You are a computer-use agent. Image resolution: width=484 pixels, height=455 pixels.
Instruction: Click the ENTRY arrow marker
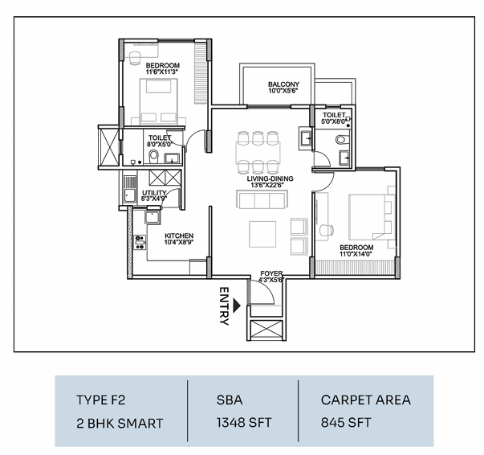point(237,305)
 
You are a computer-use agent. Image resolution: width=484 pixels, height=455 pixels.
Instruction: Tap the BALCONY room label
point(283,84)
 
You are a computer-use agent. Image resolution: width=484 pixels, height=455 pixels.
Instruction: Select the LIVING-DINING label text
point(270,178)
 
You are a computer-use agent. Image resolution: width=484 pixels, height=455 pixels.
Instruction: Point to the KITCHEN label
point(179,236)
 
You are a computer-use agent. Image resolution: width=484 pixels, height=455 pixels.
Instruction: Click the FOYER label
point(271,273)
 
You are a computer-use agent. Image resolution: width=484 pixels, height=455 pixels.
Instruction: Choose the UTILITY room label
point(154,193)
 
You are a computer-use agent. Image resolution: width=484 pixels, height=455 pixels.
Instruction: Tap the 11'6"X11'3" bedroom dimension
point(163,72)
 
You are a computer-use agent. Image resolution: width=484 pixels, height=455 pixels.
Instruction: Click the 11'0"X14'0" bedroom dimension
point(356,254)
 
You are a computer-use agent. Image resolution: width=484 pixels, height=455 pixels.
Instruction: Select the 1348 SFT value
point(244,423)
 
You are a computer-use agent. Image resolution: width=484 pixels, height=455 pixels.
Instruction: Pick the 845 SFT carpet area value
point(346,423)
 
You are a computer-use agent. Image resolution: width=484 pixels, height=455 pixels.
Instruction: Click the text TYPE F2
point(101,400)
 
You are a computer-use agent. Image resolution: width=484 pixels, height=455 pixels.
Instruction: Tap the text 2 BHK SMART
point(120,424)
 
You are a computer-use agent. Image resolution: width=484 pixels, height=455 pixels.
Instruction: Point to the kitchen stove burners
point(140,242)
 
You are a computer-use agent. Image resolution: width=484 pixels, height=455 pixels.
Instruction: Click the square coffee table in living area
point(262,234)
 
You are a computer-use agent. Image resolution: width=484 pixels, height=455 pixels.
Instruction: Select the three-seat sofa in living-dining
point(262,199)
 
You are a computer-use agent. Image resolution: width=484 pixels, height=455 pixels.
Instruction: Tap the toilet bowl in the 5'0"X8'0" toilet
point(340,140)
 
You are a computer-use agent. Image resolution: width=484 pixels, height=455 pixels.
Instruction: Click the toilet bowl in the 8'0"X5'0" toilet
point(153,157)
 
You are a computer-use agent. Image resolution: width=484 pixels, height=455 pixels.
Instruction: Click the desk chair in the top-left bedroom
point(135,58)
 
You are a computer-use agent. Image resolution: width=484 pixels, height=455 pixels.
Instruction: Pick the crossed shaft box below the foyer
point(266,330)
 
